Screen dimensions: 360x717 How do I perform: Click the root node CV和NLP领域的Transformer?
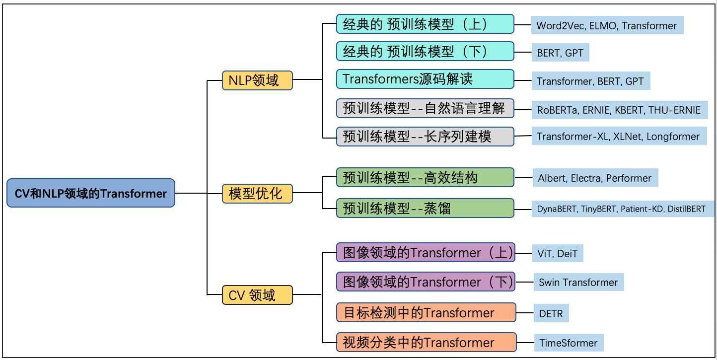click(91, 193)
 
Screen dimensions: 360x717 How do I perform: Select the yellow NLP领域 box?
click(257, 80)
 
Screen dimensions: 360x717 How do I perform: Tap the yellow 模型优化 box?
click(257, 193)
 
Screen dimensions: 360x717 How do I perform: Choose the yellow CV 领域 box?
click(257, 295)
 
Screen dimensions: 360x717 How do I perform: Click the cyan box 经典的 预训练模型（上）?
click(425, 24)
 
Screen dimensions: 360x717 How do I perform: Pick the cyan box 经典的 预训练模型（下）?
click(425, 51)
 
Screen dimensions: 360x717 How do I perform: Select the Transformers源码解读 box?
click(425, 79)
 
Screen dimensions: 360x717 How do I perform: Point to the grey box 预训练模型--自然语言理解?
click(425, 108)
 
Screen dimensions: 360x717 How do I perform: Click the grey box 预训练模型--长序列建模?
click(425, 136)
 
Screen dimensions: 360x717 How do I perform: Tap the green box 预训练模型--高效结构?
click(425, 178)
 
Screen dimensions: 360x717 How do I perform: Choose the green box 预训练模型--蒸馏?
click(425, 208)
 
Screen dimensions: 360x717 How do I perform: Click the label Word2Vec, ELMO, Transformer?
click(607, 25)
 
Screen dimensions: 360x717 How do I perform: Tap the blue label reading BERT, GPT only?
click(560, 53)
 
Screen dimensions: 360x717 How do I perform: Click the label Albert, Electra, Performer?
click(595, 178)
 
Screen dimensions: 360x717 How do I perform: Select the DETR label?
click(551, 313)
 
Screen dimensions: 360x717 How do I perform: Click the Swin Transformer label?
click(578, 283)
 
